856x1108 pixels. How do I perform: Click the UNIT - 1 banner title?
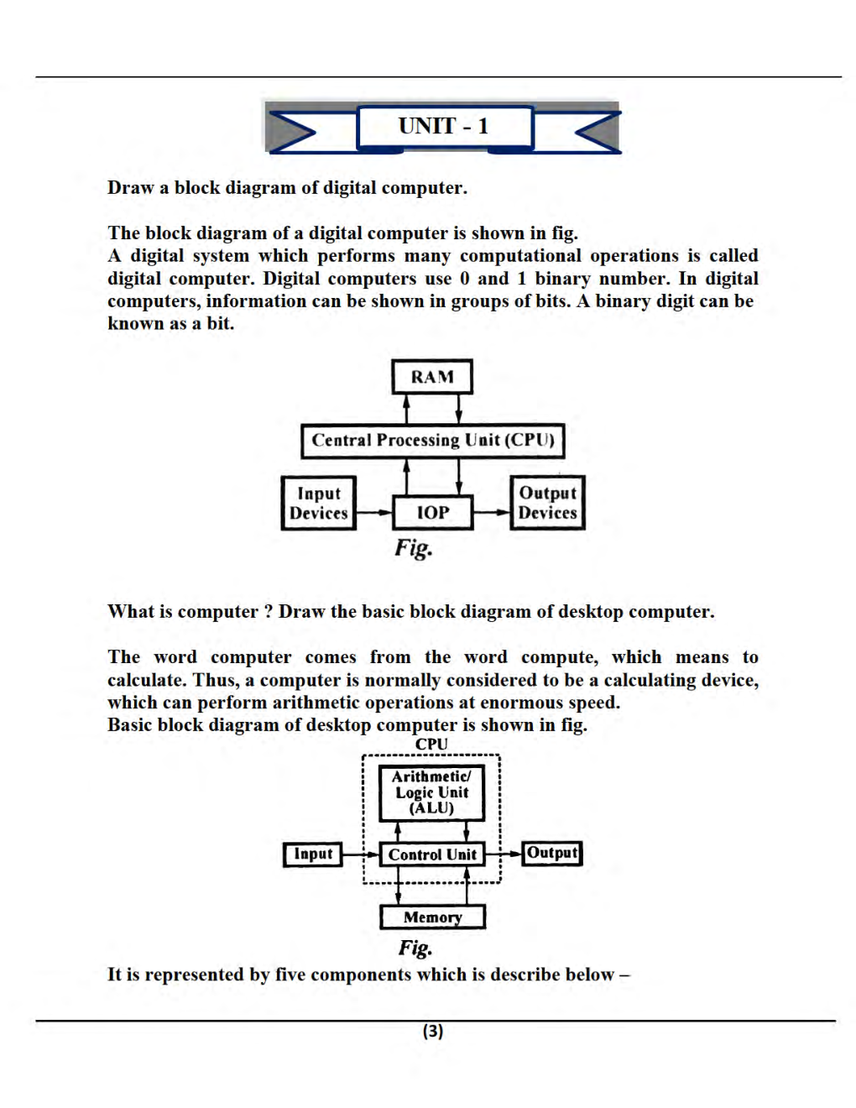[x=444, y=127]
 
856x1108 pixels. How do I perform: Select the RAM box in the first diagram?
[x=431, y=377]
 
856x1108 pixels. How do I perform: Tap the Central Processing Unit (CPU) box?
[x=432, y=441]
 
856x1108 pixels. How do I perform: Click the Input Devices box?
[x=318, y=504]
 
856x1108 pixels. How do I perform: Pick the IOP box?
[x=432, y=512]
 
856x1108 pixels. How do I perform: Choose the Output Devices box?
[x=547, y=503]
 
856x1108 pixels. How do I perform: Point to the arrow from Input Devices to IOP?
[x=373, y=512]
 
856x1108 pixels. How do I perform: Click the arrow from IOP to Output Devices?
[x=492, y=512]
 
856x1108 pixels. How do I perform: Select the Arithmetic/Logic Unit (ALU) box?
[x=431, y=792]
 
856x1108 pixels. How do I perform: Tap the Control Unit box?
[x=431, y=855]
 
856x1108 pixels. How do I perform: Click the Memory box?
[x=432, y=917]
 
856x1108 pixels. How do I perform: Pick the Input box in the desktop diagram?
[x=312, y=854]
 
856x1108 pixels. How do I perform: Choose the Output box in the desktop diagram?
[x=551, y=853]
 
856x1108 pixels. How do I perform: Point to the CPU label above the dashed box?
[x=431, y=745]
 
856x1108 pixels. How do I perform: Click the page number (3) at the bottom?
[x=432, y=1031]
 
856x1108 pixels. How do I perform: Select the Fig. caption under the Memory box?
[x=415, y=948]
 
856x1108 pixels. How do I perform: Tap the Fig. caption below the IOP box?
[x=414, y=548]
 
